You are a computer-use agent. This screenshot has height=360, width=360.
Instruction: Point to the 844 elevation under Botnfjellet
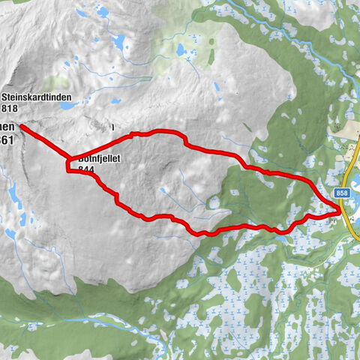[x=85, y=170]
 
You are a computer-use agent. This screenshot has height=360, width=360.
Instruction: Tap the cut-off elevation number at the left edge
[x=7, y=139]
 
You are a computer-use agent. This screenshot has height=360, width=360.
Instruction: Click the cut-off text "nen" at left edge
[x=7, y=128]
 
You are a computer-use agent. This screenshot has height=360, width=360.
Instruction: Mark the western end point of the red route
[x=22, y=127]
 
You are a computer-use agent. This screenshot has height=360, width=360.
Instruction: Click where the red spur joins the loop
[x=70, y=161]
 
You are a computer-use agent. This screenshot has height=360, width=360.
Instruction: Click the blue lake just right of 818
[x=66, y=106]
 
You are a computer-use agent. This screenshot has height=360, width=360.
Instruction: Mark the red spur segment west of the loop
[x=45, y=143]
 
